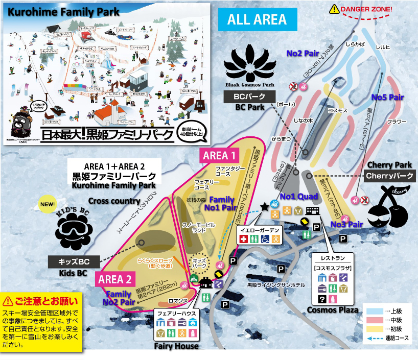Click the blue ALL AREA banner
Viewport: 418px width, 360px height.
click(257, 20)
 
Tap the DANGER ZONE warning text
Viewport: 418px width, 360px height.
click(366, 9)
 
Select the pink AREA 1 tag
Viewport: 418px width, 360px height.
click(219, 155)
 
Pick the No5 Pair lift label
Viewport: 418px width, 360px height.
click(387, 97)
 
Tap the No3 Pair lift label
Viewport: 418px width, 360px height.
click(346, 224)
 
